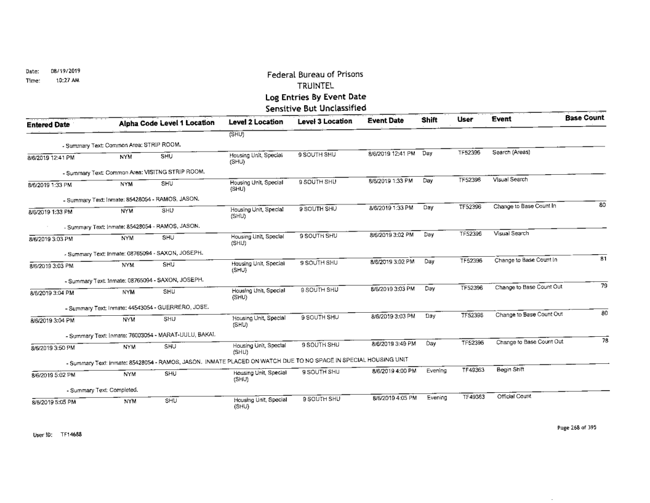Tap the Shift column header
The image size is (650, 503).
click(430, 121)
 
